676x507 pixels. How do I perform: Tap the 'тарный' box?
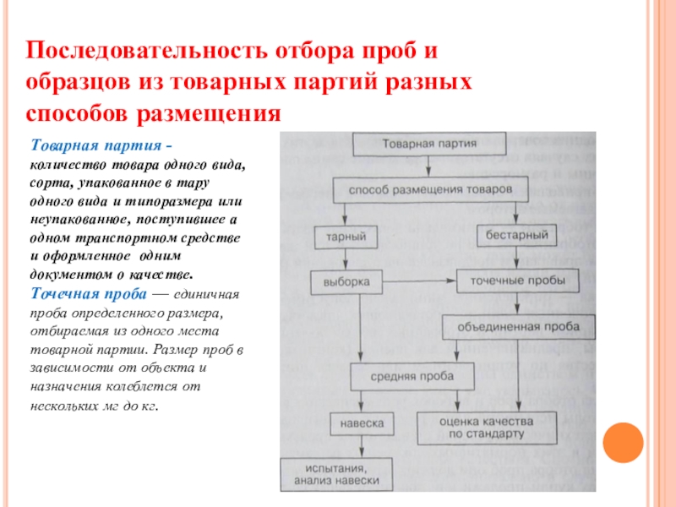(x=345, y=237)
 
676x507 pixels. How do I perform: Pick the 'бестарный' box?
(x=516, y=235)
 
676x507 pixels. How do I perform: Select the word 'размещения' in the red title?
(x=218, y=112)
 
